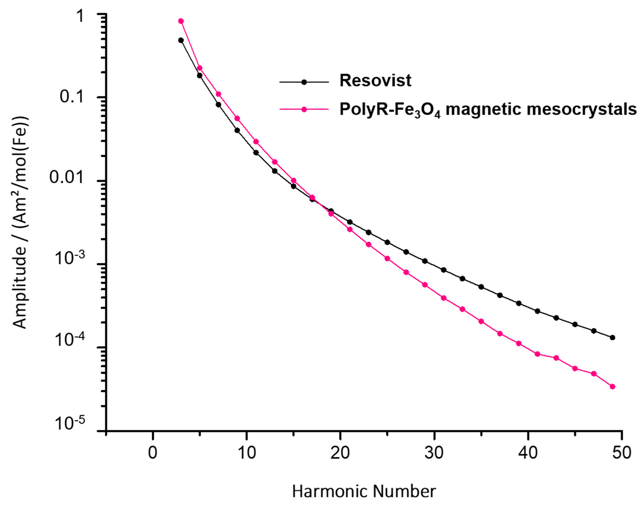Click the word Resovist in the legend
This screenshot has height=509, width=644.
(375, 80)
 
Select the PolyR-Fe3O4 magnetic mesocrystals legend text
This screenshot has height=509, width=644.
(488, 110)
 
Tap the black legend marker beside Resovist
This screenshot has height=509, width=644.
(304, 82)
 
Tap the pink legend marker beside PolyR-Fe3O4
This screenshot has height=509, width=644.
(304, 109)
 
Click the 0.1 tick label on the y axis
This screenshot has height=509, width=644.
(73, 97)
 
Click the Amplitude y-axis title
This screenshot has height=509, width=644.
(21, 222)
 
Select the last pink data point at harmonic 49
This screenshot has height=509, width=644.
(613, 387)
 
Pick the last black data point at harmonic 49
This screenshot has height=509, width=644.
(613, 338)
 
